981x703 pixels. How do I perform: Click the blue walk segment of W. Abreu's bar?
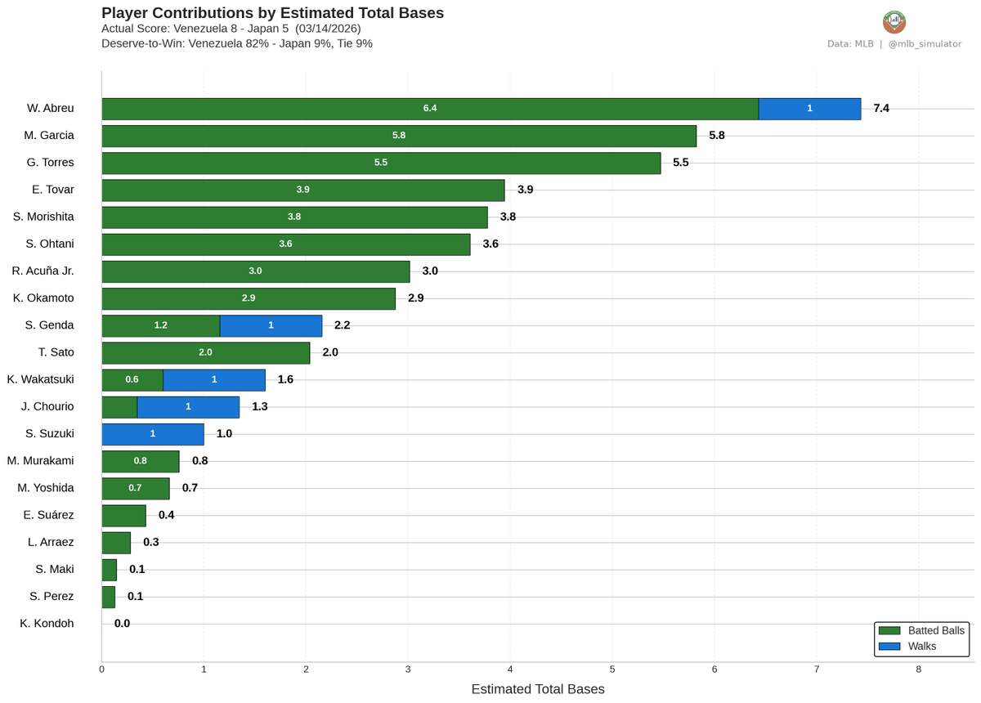pyautogui.click(x=809, y=109)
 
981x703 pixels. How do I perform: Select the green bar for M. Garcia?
pyautogui.click(x=399, y=136)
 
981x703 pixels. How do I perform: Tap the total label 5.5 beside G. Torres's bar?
pyautogui.click(x=680, y=163)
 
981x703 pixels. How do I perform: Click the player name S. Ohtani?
pyautogui.click(x=50, y=244)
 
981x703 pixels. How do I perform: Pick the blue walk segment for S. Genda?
pyautogui.click(x=271, y=325)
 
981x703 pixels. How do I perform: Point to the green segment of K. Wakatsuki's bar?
pyautogui.click(x=132, y=379)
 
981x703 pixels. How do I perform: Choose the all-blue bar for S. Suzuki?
pyautogui.click(x=153, y=433)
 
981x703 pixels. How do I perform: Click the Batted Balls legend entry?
pyautogui.click(x=921, y=630)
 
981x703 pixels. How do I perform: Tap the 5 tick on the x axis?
pyautogui.click(x=612, y=669)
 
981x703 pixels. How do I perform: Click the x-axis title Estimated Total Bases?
pyautogui.click(x=538, y=689)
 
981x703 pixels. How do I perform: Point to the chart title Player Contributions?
pyautogui.click(x=272, y=13)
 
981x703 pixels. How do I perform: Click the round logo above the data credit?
pyautogui.click(x=894, y=22)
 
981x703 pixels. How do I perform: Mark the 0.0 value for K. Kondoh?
pyautogui.click(x=122, y=623)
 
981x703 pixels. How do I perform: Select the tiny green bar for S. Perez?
pyautogui.click(x=108, y=596)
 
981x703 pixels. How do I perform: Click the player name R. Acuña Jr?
pyautogui.click(x=43, y=271)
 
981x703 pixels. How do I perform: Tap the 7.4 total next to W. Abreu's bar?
pyautogui.click(x=880, y=109)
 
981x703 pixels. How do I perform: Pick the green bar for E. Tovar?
pyautogui.click(x=302, y=190)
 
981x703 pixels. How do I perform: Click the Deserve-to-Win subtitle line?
pyautogui.click(x=237, y=43)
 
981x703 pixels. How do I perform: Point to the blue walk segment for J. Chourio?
pyautogui.click(x=188, y=406)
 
